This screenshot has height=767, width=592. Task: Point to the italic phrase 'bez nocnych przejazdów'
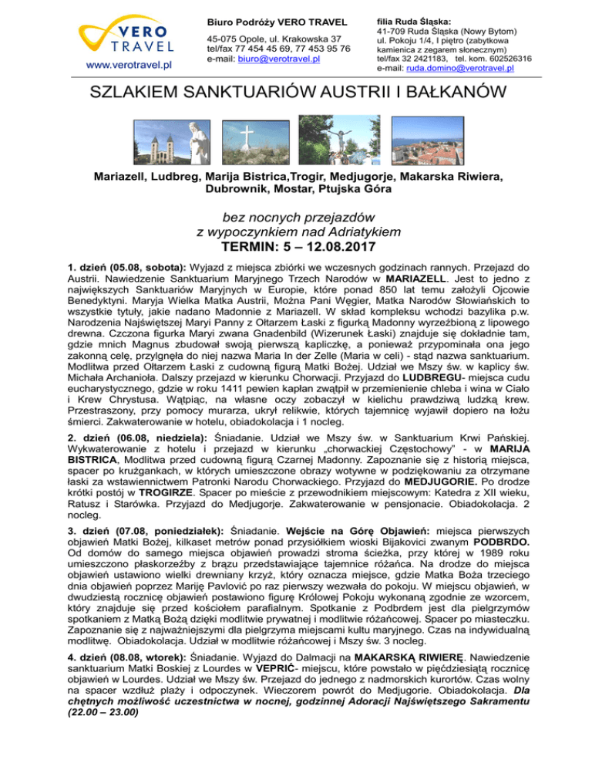[296, 219]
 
